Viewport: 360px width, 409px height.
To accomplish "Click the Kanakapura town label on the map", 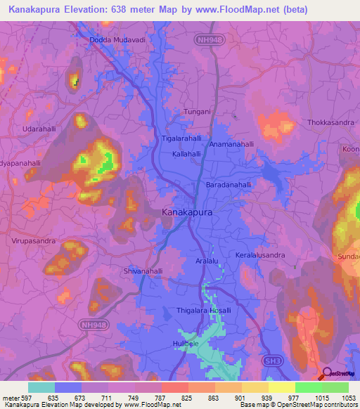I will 186,211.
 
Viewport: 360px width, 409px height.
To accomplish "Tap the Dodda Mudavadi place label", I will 117,40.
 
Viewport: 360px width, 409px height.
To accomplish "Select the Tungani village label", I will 197,112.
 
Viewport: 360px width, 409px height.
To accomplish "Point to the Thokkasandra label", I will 330,122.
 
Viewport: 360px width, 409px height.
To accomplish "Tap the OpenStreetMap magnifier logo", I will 326,373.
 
